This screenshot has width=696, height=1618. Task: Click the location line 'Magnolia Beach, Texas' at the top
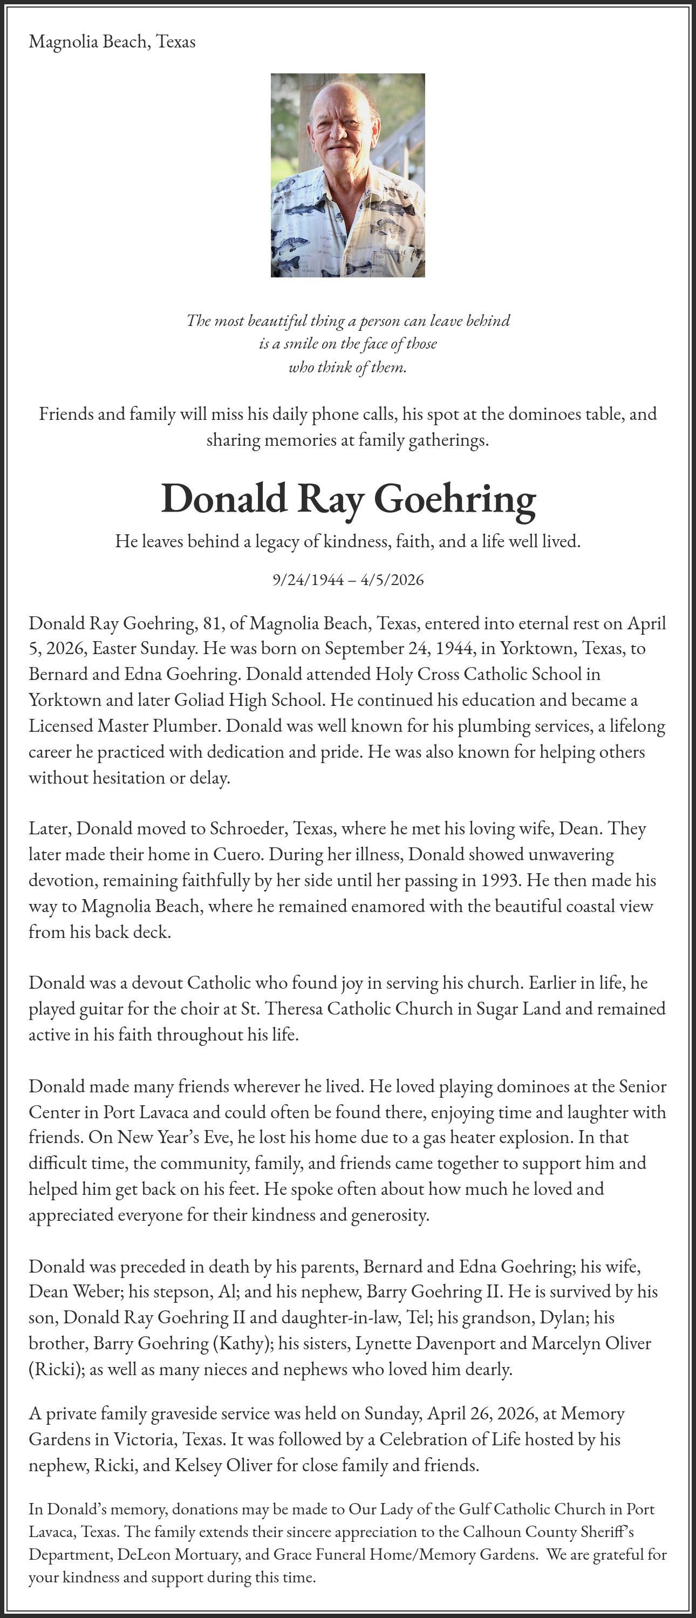(112, 42)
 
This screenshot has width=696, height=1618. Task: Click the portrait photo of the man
(347, 175)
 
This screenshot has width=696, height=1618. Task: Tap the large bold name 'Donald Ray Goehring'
(348, 499)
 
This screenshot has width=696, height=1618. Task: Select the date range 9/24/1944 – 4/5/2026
(348, 579)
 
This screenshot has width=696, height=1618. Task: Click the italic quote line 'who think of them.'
(347, 368)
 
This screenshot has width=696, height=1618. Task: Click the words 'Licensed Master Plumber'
(125, 726)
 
